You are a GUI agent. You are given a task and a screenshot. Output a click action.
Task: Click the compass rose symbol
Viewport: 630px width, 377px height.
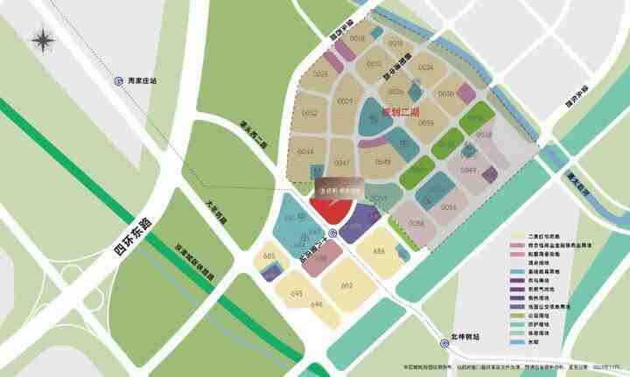[42, 40]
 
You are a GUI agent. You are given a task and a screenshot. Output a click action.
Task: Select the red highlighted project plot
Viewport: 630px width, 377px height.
[331, 211]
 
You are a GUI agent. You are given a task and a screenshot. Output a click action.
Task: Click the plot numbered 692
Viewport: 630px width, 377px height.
[347, 285]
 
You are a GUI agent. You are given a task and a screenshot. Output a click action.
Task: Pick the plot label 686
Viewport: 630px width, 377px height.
[379, 251]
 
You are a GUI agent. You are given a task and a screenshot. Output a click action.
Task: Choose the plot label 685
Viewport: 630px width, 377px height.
[269, 255]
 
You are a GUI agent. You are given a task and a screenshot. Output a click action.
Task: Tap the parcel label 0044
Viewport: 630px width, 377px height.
[305, 152]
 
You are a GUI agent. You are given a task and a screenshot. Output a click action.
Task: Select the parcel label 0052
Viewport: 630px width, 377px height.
[310, 113]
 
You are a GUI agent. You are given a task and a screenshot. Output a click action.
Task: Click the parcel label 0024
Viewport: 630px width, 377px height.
[426, 67]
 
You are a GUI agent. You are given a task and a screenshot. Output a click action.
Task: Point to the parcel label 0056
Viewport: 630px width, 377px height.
[416, 224]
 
